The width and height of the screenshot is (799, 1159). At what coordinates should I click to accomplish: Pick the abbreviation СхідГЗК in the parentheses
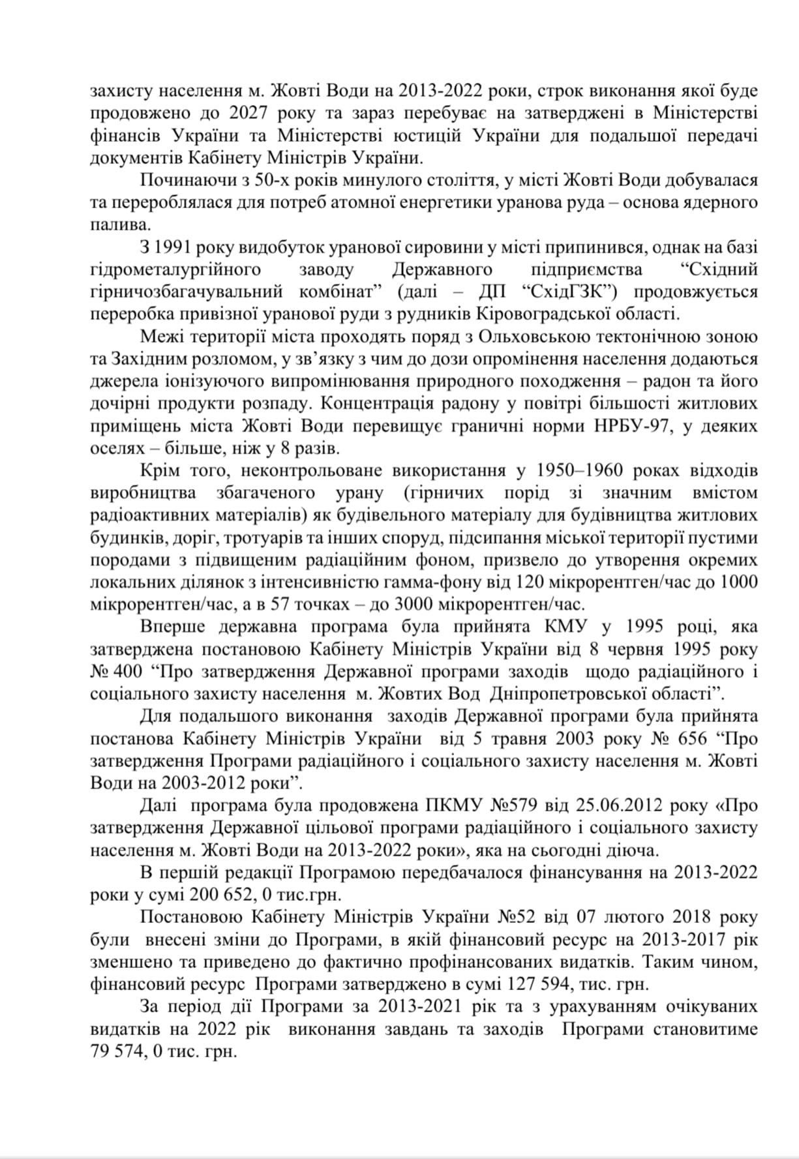(577, 292)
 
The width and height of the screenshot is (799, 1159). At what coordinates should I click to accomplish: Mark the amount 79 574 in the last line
(119, 1053)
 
